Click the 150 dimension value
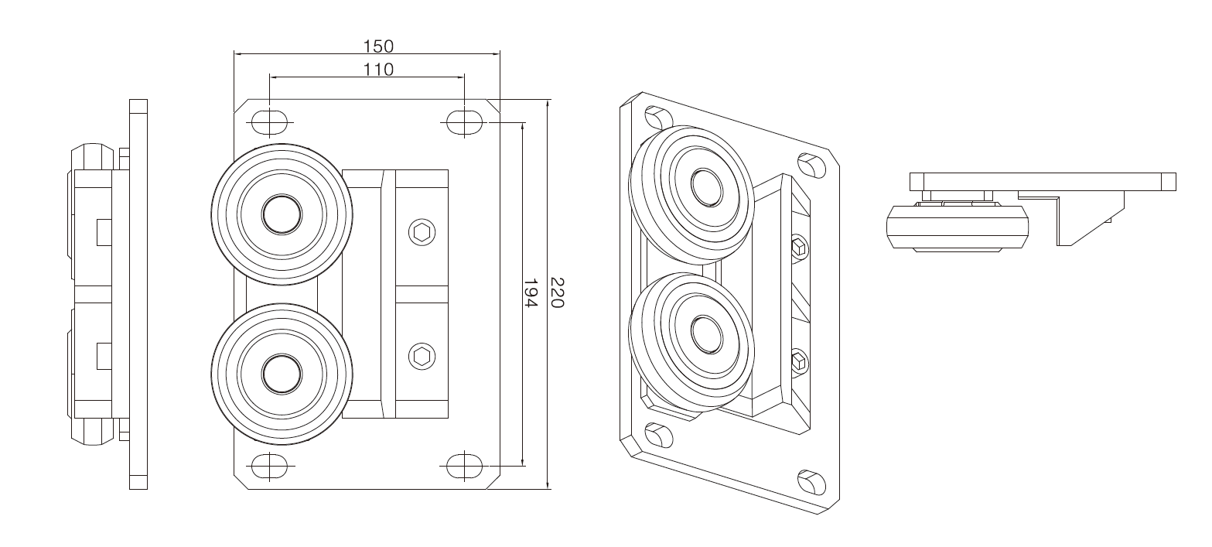378,46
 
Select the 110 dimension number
378,70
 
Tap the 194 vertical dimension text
531,292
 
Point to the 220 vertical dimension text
557,292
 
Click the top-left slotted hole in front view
269,122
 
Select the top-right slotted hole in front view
464,122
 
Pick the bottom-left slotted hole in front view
269,465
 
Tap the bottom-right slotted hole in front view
464,465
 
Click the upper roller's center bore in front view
282,215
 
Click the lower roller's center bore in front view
282,374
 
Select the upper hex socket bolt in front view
422,233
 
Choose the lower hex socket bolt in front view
422,357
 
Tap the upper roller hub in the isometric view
707,187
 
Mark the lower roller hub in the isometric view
707,333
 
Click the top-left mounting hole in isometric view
658,118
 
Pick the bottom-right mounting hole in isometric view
811,483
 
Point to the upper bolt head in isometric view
799,248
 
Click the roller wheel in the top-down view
958,227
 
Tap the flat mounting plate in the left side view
138,294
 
